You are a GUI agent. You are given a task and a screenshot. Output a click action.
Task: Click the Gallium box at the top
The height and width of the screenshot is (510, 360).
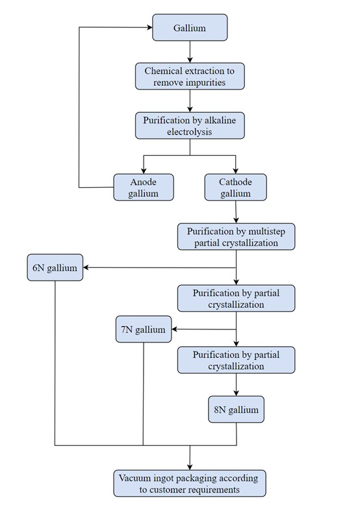point(190,27)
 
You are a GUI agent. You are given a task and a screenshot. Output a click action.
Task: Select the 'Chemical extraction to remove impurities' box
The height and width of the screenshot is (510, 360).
point(190,77)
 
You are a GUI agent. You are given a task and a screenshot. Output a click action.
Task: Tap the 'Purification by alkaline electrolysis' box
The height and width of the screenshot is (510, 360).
point(190,125)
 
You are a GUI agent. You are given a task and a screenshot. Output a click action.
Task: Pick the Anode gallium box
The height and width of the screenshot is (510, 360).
point(144,187)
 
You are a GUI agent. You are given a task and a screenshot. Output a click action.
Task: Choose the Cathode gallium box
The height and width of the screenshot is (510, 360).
point(235,187)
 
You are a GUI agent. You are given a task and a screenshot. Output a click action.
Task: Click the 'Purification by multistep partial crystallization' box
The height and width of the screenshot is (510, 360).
point(236,236)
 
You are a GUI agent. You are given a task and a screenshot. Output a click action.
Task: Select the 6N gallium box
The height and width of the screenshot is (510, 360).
point(55,268)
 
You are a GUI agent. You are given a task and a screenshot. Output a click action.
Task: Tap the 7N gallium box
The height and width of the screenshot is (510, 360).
point(144,329)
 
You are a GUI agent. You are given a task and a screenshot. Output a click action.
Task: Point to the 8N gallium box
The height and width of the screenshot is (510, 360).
point(236,409)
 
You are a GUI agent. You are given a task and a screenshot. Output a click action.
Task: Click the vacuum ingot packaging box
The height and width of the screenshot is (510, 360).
point(190,483)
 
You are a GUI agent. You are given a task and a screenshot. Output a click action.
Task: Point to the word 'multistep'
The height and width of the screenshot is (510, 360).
point(266,231)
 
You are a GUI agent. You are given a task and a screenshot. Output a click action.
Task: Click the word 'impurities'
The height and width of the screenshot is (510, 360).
point(205,83)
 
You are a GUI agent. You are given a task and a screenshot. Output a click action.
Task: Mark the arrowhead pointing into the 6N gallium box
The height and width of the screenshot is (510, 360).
point(86,268)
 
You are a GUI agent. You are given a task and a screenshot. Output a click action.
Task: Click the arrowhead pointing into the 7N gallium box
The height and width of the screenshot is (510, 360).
point(175,329)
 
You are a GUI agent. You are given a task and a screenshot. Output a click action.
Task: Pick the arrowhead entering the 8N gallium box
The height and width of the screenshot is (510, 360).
point(237,393)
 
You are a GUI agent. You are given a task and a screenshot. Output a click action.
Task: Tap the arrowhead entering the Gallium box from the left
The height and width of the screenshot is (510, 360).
point(149,27)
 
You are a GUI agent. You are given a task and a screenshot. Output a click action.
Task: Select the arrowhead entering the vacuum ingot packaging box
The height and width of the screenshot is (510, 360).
point(190,466)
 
